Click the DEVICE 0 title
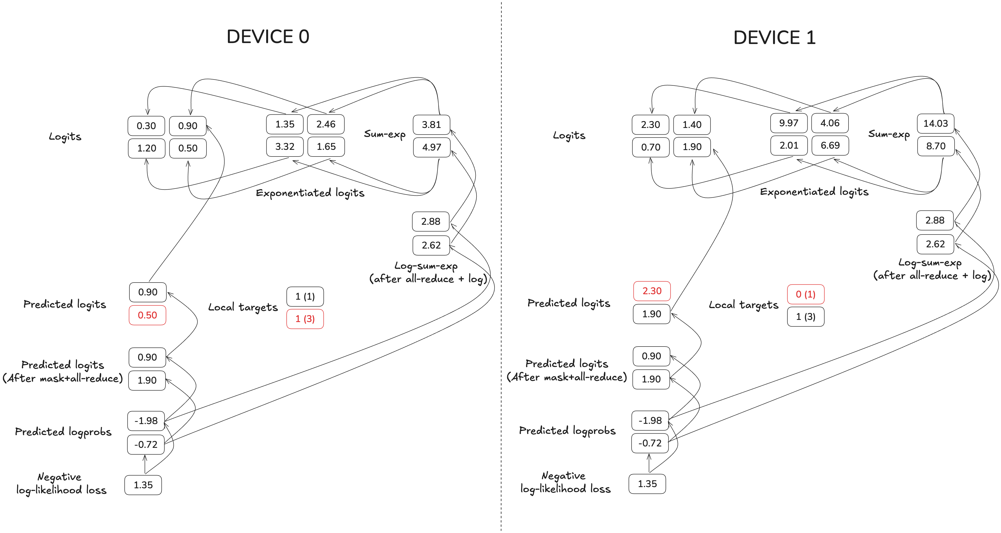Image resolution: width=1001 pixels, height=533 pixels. click(x=268, y=37)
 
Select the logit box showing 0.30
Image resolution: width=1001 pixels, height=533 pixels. click(x=146, y=126)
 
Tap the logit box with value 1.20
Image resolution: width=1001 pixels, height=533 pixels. click(x=147, y=148)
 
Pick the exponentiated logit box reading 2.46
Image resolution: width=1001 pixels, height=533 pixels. click(x=326, y=124)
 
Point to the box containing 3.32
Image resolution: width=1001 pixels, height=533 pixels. click(x=285, y=147)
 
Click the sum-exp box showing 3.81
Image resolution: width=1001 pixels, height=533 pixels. click(x=431, y=125)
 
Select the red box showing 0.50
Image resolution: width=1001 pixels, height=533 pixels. click(x=147, y=315)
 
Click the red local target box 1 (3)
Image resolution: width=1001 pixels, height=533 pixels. click(x=305, y=319)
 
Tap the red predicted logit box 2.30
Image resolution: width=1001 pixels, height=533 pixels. click(x=652, y=291)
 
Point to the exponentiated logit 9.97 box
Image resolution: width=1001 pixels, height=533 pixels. click(x=788, y=123)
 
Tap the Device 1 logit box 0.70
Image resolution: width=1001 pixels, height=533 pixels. click(x=651, y=147)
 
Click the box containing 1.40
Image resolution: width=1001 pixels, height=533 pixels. click(x=692, y=125)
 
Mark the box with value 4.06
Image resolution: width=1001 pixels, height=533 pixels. click(x=830, y=123)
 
